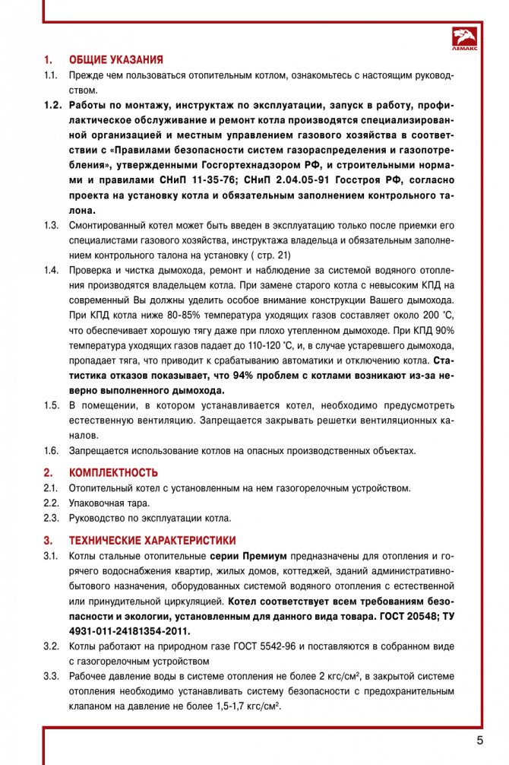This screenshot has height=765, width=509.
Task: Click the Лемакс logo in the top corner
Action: (x=465, y=38)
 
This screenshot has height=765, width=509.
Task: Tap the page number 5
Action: (x=480, y=740)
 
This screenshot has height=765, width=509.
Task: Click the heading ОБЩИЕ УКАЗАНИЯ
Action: (x=115, y=59)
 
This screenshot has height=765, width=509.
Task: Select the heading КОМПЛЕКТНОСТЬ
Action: (x=113, y=472)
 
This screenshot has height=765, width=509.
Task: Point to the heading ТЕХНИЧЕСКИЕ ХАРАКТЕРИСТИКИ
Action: (x=152, y=541)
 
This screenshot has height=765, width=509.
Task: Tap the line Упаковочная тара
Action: (x=109, y=503)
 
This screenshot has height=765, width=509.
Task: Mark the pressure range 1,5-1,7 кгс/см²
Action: (x=241, y=706)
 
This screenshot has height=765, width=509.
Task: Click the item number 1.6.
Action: (x=51, y=450)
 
